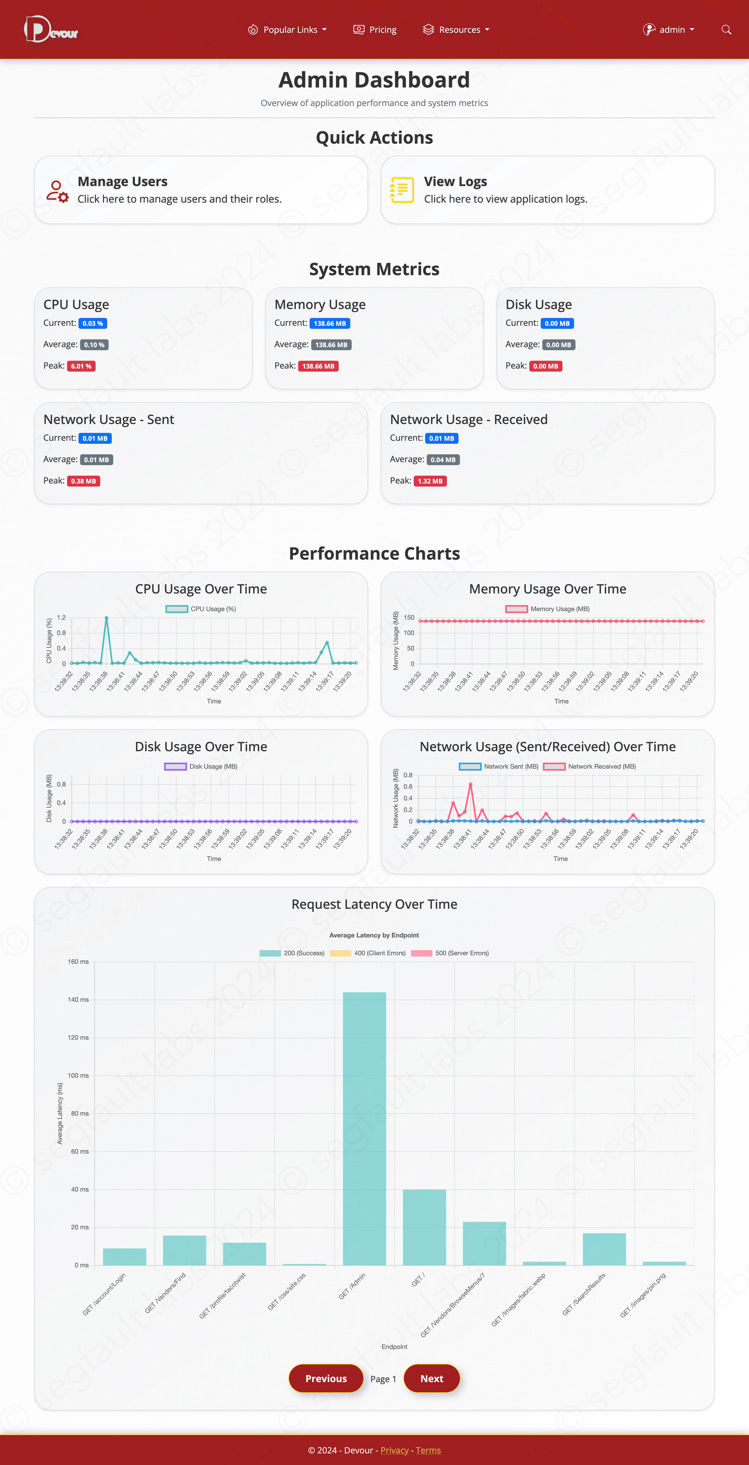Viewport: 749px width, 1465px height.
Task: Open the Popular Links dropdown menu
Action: (x=287, y=30)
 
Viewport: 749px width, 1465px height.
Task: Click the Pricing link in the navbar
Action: (x=375, y=30)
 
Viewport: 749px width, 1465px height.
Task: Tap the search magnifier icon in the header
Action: (x=726, y=30)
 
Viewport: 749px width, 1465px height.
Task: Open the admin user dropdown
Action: (x=669, y=30)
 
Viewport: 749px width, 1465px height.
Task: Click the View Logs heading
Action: (x=455, y=181)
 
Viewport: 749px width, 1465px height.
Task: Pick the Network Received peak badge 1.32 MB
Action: (x=430, y=481)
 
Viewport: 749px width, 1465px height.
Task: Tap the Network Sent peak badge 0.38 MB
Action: (x=84, y=481)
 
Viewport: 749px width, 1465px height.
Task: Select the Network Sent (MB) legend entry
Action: (x=499, y=767)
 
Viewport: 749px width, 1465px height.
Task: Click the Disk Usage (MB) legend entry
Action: (x=201, y=767)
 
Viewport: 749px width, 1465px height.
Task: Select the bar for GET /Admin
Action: (x=364, y=1129)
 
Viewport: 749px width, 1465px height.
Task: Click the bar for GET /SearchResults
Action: (x=604, y=1250)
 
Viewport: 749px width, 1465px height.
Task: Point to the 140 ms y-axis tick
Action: (x=78, y=1000)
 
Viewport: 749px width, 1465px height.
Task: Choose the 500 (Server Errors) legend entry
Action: (x=450, y=953)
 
